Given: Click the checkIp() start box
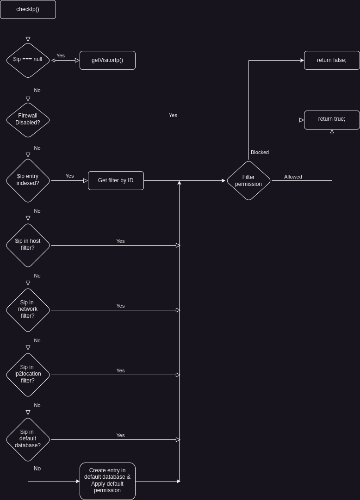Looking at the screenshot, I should (x=28, y=9).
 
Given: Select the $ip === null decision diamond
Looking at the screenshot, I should (x=28, y=60).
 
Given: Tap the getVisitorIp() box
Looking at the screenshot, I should (x=107, y=60).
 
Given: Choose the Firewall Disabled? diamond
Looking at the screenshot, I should (x=28, y=120).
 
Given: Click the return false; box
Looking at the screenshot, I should (x=332, y=60).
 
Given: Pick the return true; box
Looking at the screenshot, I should (x=332, y=120).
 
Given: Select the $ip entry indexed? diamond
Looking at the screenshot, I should (x=28, y=180).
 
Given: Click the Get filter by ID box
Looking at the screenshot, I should (x=116, y=180).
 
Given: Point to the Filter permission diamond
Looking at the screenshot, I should (x=248, y=180).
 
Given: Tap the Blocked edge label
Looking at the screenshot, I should (x=260, y=152).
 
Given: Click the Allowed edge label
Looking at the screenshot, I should (x=293, y=177).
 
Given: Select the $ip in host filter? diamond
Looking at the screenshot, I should (x=28, y=245).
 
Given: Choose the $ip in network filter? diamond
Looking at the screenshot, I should (x=28, y=310).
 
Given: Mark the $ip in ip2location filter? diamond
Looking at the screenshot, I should (x=28, y=375).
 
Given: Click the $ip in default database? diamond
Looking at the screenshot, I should (x=28, y=439).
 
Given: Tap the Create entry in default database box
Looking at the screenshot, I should (x=107, y=481).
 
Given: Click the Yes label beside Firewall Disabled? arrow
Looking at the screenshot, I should (x=173, y=115).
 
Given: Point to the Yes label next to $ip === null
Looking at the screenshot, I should (x=61, y=56).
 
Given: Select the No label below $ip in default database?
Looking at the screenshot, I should (x=37, y=469).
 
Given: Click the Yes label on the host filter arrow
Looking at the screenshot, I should (x=120, y=241).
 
